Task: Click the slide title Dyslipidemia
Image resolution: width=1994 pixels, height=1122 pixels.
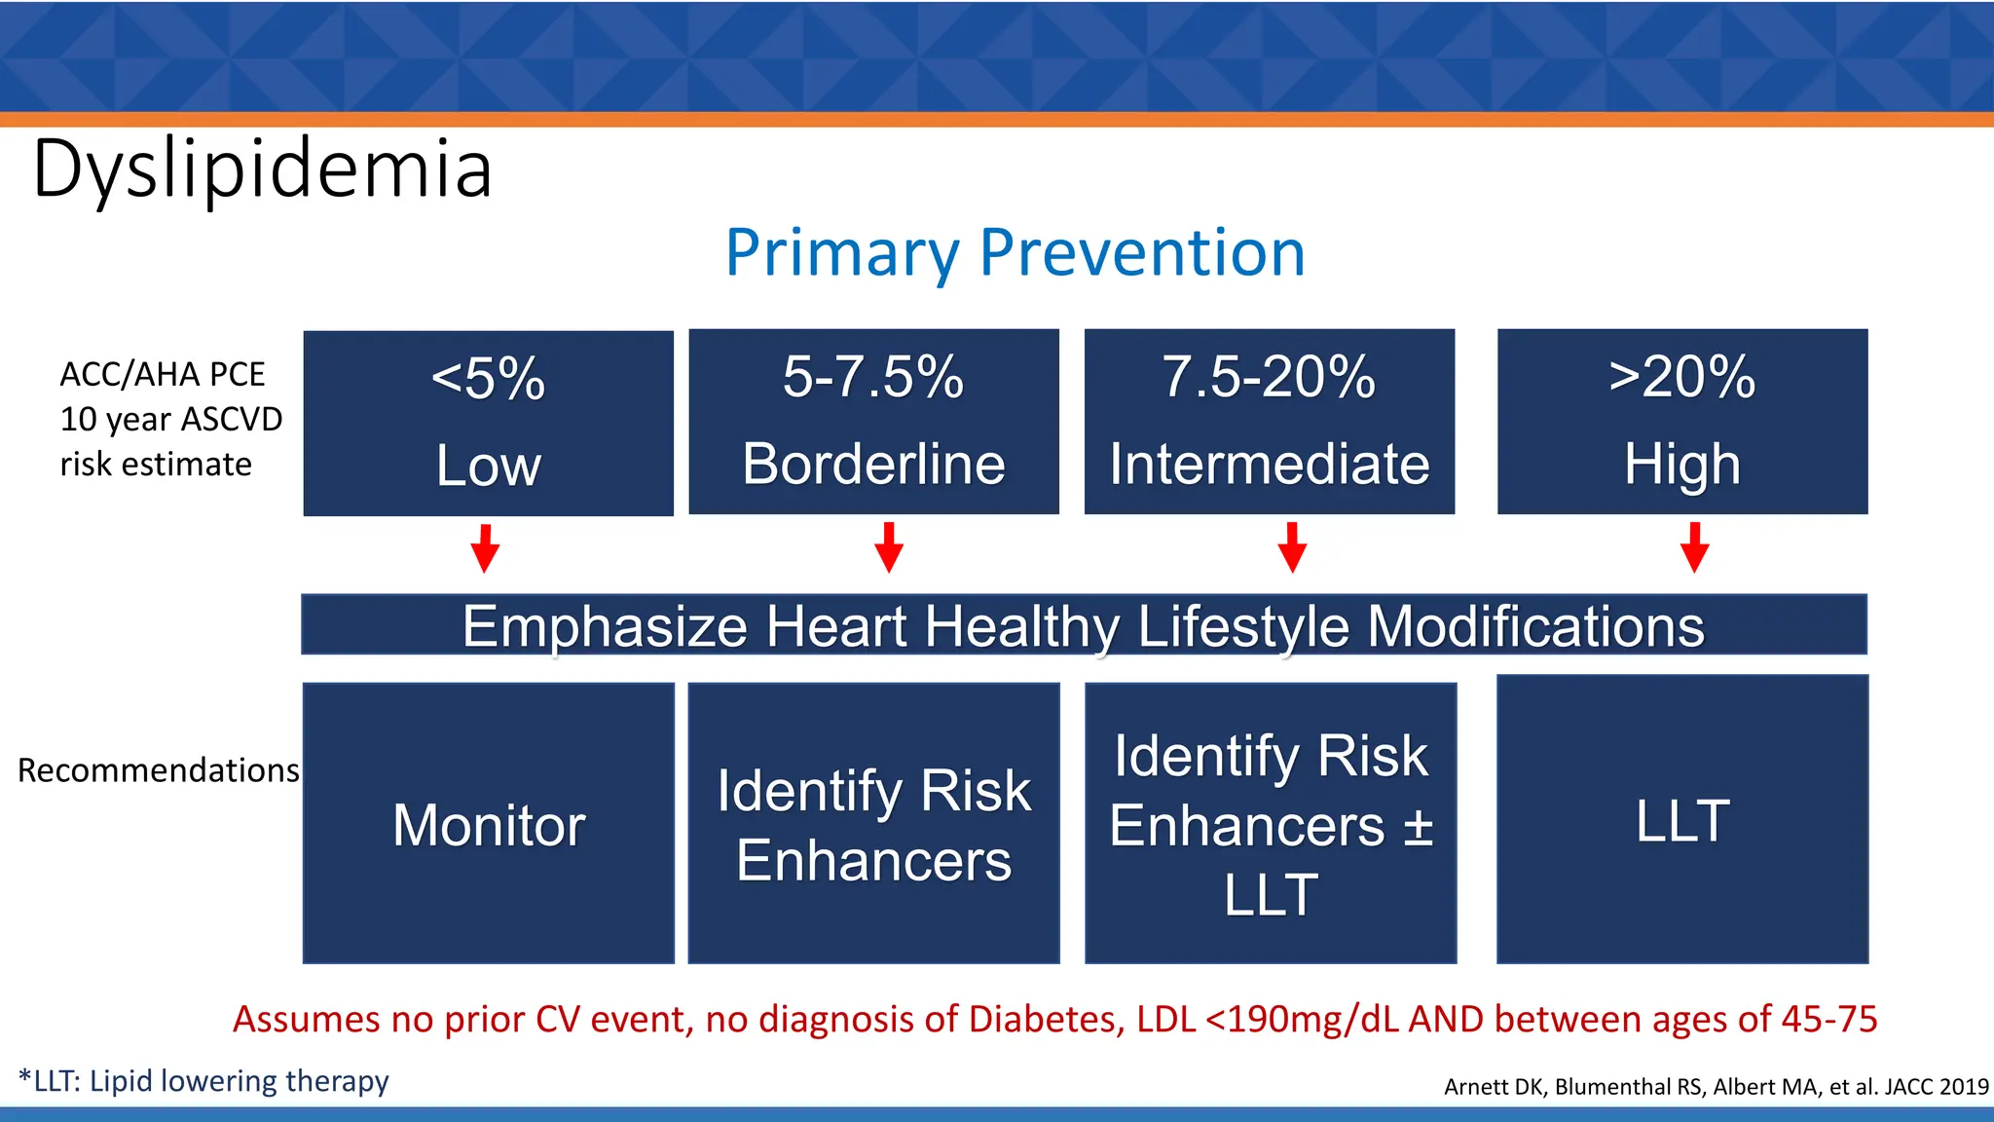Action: [x=263, y=169]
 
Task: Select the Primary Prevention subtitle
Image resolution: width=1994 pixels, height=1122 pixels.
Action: [x=1015, y=253]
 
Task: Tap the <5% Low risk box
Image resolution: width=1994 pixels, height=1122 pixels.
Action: [x=488, y=423]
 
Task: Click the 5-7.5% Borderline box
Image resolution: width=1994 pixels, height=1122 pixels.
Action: [x=873, y=421]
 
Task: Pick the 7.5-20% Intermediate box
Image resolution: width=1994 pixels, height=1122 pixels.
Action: [x=1269, y=421]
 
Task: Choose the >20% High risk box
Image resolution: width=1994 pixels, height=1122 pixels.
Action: [x=1681, y=421]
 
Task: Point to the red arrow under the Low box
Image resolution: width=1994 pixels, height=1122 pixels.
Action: [x=485, y=548]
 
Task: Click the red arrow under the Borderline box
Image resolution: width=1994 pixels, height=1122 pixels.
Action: [x=888, y=547]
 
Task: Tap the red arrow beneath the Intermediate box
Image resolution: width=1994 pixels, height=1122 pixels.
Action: [x=1292, y=547]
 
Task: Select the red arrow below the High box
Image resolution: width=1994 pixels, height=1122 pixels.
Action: [x=1694, y=547]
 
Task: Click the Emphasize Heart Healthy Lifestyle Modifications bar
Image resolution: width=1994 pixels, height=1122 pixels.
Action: [x=1083, y=625]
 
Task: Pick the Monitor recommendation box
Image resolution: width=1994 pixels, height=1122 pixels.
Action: [x=488, y=824]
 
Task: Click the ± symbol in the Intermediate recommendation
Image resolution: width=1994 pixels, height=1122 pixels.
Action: [x=1418, y=827]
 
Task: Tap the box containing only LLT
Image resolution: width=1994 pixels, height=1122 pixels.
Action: [x=1681, y=820]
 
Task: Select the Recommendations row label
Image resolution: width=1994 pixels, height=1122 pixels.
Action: [x=159, y=770]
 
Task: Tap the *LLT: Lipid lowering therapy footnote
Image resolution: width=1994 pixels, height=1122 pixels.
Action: [x=203, y=1081]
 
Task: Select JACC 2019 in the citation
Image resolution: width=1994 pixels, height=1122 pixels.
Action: [x=1936, y=1087]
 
